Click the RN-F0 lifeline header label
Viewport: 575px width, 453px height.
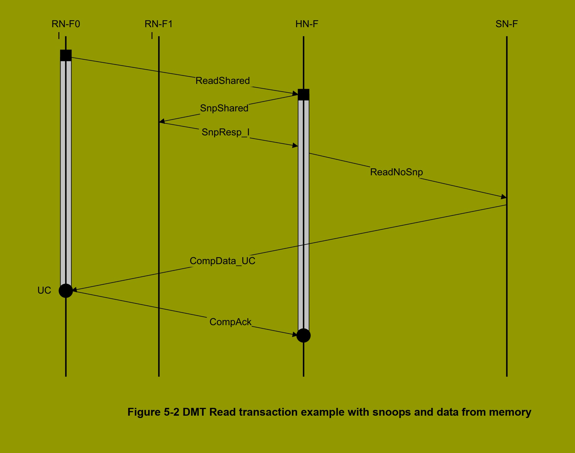(x=66, y=24)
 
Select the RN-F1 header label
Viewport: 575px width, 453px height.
(x=159, y=24)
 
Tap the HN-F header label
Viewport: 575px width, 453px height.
(x=307, y=24)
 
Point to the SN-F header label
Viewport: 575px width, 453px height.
(x=506, y=24)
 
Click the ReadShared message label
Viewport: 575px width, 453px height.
(x=223, y=81)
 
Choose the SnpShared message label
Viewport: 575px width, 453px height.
(x=224, y=108)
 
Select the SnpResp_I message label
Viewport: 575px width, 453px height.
(x=225, y=132)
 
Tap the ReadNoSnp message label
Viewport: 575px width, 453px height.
(x=396, y=172)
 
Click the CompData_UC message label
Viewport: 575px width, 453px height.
(x=222, y=261)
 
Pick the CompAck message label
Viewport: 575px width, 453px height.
(x=230, y=322)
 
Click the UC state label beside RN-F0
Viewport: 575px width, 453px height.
(x=44, y=290)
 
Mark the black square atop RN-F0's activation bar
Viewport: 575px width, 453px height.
(x=66, y=55)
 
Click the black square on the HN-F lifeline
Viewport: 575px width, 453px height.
(x=303, y=95)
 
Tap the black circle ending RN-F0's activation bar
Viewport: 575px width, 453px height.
(x=66, y=291)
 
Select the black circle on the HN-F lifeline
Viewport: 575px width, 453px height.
(x=303, y=336)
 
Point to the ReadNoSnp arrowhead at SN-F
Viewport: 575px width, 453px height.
(x=504, y=197)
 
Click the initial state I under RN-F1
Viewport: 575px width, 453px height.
(x=152, y=36)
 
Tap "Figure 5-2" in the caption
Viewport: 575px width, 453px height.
(x=153, y=412)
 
